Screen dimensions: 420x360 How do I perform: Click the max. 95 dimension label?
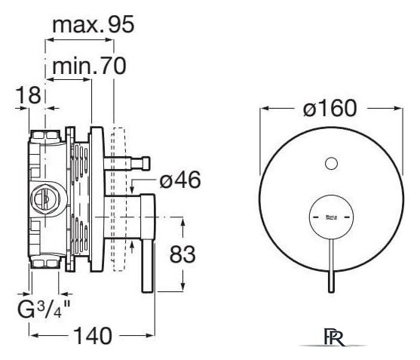coord(93,25)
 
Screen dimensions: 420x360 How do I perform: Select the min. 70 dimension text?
coord(89,66)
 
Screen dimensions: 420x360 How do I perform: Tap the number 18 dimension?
coord(29,95)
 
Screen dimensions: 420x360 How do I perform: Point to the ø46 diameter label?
coord(180,180)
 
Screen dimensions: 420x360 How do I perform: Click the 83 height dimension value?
coord(182,254)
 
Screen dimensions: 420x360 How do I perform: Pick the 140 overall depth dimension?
coord(93,336)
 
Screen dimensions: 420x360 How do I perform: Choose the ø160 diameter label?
coord(330,108)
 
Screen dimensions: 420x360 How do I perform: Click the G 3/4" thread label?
coord(44,309)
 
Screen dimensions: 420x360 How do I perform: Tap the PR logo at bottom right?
coord(334,337)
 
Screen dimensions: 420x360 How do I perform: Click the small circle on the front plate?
coord(331,163)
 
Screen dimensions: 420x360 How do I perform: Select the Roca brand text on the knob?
coord(331,217)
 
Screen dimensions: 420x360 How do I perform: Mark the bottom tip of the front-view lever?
coord(331,292)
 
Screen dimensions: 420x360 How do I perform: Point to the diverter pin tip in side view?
coord(147,164)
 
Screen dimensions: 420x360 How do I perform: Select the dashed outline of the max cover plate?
coord(119,199)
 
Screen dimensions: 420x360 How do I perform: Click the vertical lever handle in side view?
coord(148,243)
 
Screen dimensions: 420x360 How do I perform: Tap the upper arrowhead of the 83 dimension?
coord(182,223)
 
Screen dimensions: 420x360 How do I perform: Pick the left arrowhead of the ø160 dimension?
coord(265,108)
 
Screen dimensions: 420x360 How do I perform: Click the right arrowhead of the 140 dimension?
coord(150,335)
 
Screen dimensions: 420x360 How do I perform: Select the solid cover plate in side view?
coord(97,199)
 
